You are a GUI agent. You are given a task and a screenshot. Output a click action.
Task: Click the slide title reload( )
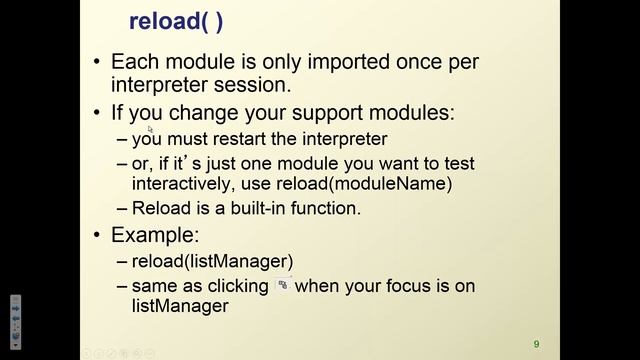point(176,21)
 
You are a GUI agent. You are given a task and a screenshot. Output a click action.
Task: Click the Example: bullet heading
point(155,237)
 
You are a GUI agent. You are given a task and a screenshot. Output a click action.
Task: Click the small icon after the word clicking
point(284,286)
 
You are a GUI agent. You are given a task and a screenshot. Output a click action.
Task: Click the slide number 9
point(536,340)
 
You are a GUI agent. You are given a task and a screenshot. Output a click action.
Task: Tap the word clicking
point(237,287)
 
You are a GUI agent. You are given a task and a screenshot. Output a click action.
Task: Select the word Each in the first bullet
point(134,62)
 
